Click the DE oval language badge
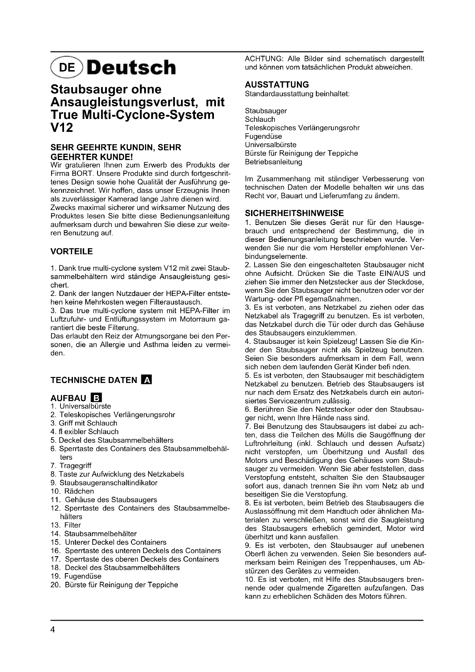pyautogui.click(x=67, y=68)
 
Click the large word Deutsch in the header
pyautogui.click(x=131, y=68)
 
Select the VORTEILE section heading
pyautogui.click(x=72, y=251)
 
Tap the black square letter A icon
pyautogui.click(x=146, y=380)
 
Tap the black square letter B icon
pyautogui.click(x=96, y=398)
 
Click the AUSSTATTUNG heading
pyautogui.click(x=277, y=84)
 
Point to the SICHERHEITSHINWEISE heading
pyautogui.click(x=294, y=213)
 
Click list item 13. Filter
pyautogui.click(x=66, y=525)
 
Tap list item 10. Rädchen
pyautogui.click(x=72, y=491)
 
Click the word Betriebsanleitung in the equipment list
pyautogui.click(x=273, y=162)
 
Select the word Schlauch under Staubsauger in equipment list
pyautogui.click(x=260, y=120)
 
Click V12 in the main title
pyautogui.click(x=62, y=128)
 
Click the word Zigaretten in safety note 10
pyautogui.click(x=340, y=588)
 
